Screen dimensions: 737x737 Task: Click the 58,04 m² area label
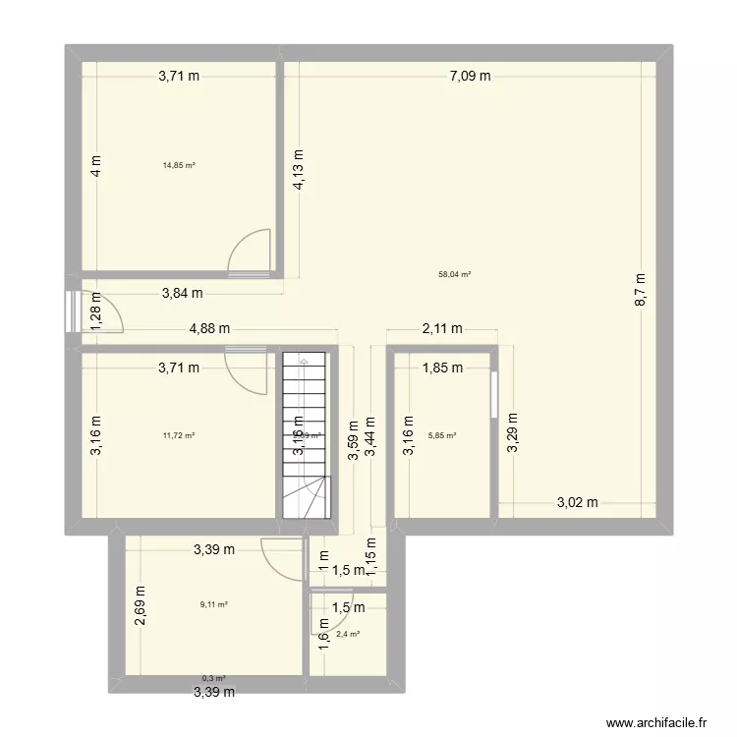(454, 276)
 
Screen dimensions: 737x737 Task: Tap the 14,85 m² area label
(179, 165)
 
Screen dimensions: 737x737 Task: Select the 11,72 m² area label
(179, 435)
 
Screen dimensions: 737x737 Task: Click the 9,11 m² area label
(213, 605)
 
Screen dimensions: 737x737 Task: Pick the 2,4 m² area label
(348, 634)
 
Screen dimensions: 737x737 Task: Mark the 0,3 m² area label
(213, 678)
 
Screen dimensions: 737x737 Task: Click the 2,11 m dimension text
(443, 330)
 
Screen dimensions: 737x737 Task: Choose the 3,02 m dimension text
(577, 502)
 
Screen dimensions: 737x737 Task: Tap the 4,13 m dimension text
(298, 169)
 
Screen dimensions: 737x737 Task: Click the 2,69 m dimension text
(141, 606)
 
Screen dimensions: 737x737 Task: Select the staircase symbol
(304, 434)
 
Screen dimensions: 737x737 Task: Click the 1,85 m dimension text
(442, 368)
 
